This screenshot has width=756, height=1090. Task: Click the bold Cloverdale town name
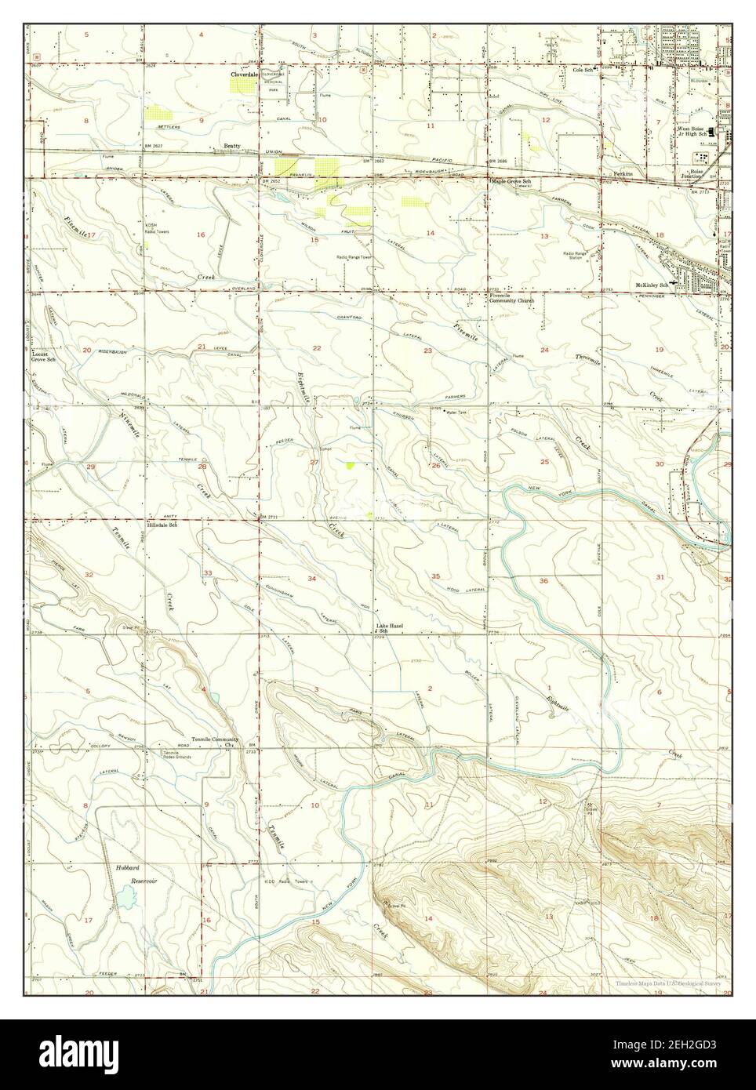click(x=244, y=74)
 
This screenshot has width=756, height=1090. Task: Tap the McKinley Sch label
click(x=651, y=285)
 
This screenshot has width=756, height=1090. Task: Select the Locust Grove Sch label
click(x=44, y=358)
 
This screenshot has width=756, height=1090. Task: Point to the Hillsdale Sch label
click(x=162, y=525)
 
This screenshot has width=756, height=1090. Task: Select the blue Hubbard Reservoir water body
click(x=128, y=897)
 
